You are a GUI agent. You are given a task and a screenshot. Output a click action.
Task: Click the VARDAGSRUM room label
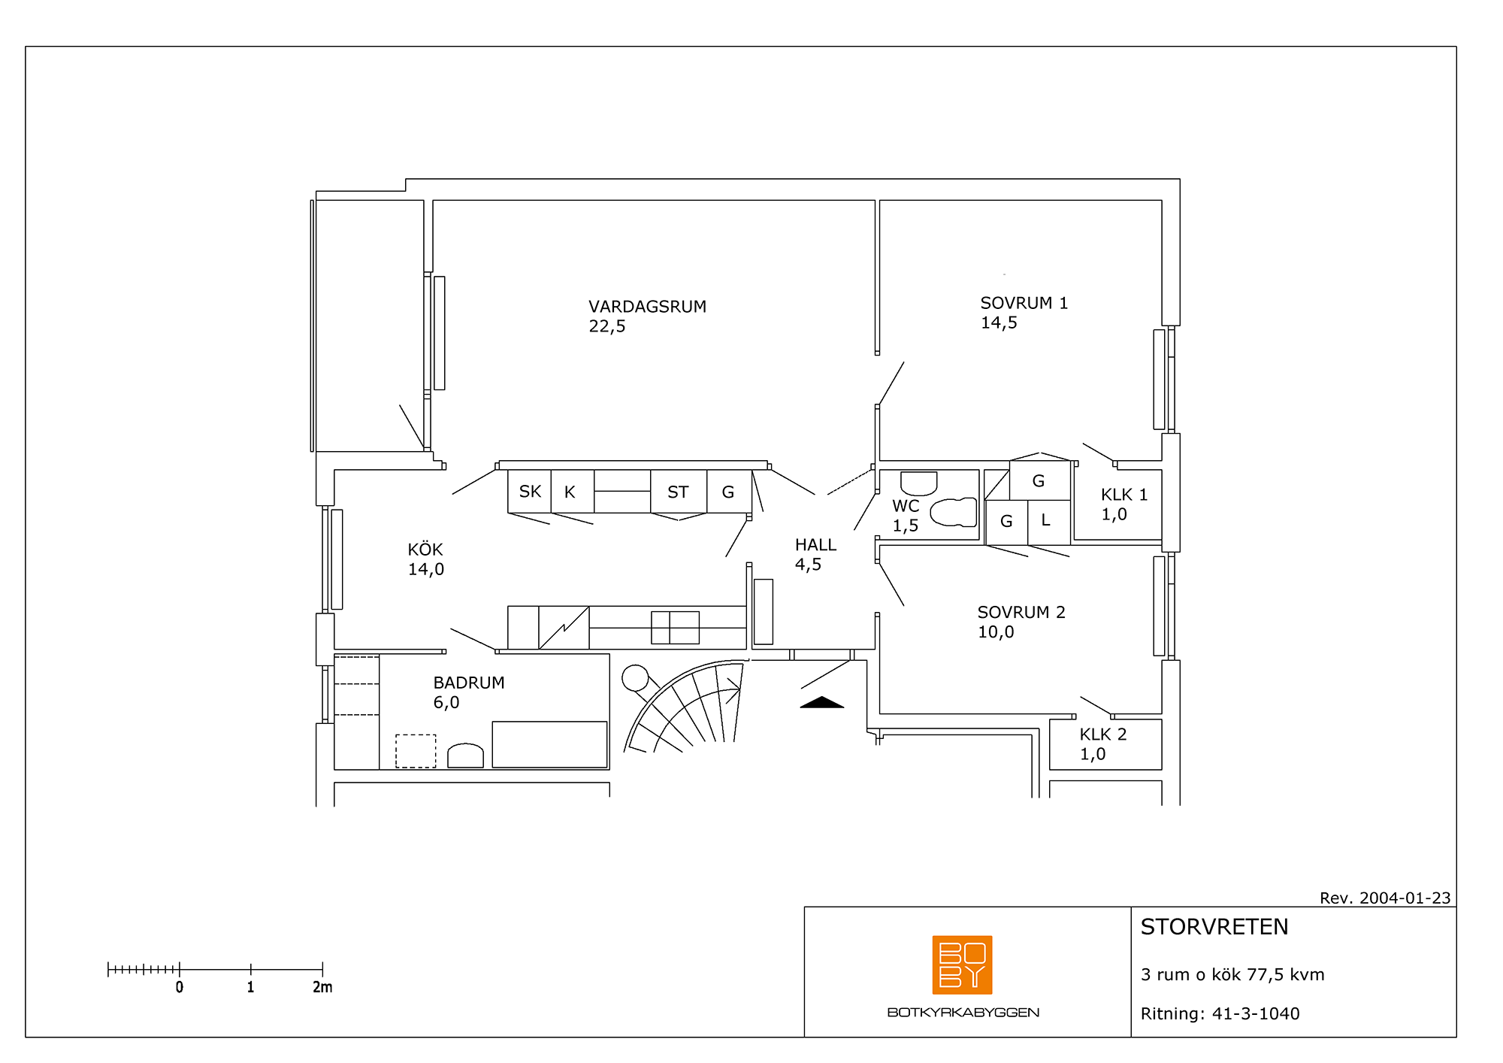click(x=647, y=307)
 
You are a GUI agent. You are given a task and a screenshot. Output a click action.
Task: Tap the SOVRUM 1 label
click(x=1024, y=303)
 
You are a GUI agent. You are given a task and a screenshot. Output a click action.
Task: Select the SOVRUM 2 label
click(x=1021, y=612)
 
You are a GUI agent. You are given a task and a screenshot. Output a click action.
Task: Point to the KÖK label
click(x=425, y=549)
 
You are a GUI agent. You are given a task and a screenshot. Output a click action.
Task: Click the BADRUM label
click(x=469, y=683)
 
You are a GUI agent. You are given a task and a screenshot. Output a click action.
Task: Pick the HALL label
click(x=815, y=545)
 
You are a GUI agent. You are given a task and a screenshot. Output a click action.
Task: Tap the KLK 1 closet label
click(x=1124, y=495)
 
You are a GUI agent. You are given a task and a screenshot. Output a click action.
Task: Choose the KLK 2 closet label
click(x=1103, y=734)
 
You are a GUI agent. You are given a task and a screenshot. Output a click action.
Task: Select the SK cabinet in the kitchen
click(x=530, y=492)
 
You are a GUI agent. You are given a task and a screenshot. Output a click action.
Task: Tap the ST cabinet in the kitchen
click(x=679, y=492)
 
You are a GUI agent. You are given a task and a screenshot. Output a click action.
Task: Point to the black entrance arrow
click(x=822, y=702)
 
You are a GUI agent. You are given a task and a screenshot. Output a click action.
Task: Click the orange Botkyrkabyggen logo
click(x=962, y=965)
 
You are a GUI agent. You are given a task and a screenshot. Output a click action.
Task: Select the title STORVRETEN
click(x=1214, y=927)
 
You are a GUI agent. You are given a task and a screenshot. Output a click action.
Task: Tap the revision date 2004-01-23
click(x=1405, y=898)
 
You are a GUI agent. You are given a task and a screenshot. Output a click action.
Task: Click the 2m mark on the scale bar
click(x=322, y=970)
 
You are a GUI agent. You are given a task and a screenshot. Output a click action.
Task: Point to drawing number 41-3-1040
click(x=1256, y=1013)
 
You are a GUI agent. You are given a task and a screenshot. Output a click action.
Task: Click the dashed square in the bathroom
click(x=416, y=751)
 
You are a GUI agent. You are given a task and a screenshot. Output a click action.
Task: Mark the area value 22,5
click(x=607, y=326)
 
